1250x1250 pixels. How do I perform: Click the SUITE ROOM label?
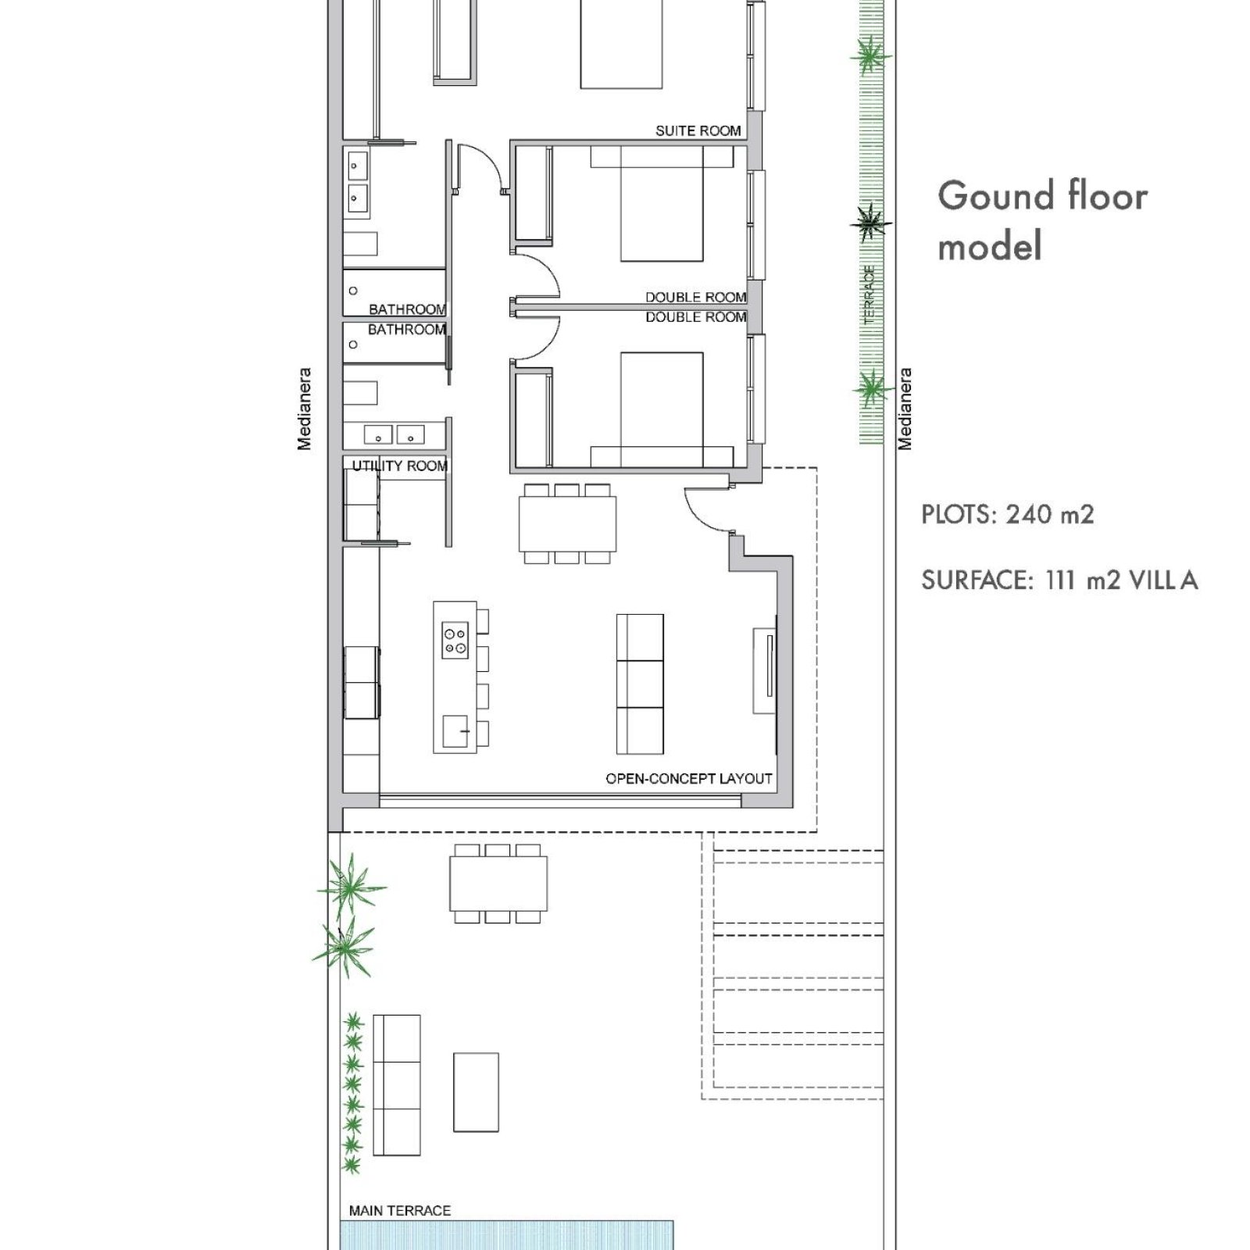698,130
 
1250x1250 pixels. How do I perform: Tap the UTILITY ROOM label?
399,466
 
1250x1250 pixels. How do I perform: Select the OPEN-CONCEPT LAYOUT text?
688,778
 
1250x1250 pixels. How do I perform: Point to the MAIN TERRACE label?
400,1210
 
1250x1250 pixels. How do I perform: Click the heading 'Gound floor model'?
1042,220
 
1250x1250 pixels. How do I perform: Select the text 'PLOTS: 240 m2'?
1008,515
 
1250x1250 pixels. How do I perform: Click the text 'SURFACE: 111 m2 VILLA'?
1059,580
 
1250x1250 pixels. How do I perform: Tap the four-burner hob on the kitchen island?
455,638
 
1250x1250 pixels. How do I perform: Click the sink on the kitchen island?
455,730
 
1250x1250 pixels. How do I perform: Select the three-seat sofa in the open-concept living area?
640,684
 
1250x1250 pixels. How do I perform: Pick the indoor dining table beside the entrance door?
567,523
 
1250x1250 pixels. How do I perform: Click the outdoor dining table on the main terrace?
498,884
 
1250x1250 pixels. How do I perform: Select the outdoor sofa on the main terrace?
397,1085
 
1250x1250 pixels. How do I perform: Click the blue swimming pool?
507,1235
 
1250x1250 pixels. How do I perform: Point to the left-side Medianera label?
304,409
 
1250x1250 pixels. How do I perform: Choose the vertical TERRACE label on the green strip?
870,295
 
